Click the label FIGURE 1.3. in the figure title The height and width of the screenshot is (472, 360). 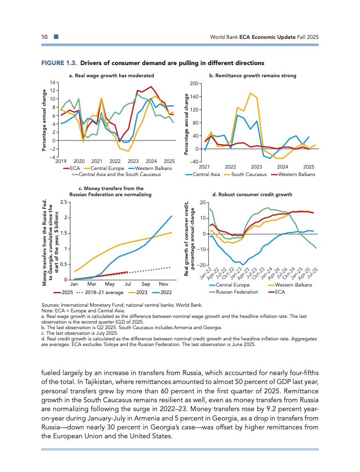59,63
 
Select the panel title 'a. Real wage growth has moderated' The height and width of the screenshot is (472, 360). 111,75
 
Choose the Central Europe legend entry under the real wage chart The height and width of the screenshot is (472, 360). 107,168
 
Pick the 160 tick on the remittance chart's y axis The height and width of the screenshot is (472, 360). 194,97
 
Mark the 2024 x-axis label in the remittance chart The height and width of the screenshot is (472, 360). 283,167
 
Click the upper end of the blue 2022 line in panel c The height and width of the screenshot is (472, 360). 172,216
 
